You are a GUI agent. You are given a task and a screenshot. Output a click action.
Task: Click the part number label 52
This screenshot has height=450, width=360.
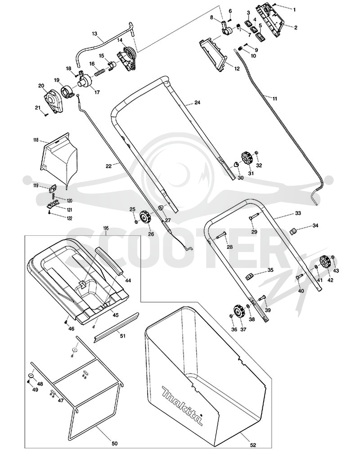pos(252,445)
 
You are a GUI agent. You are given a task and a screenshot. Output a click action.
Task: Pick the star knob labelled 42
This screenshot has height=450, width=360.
pos(325,262)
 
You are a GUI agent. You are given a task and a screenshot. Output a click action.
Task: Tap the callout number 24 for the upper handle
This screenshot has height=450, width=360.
pos(197,103)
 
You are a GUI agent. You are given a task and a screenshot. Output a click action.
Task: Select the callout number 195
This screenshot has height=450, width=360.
pos(106,228)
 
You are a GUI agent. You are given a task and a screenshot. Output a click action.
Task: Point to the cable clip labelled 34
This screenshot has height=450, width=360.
pos(294,230)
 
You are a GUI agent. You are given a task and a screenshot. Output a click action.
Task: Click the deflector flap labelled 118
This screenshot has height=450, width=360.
pos(59,160)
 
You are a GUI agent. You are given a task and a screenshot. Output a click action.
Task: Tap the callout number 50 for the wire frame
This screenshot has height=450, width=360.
pos(114,443)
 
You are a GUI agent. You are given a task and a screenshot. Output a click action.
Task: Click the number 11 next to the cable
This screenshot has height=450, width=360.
pos(275,99)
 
